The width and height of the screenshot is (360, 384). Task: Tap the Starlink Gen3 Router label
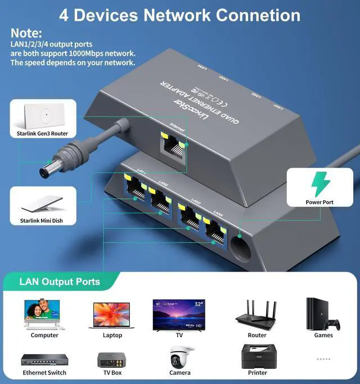pyautogui.click(x=39, y=134)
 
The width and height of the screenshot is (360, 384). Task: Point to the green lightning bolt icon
pyautogui.click(x=318, y=183)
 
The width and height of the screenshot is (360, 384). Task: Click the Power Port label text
pyautogui.click(x=319, y=202)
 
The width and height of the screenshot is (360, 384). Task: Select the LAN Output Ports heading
pyautogui.click(x=60, y=282)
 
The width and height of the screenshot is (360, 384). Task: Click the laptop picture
pyautogui.click(x=111, y=315)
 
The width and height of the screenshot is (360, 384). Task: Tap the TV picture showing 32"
pyautogui.click(x=179, y=314)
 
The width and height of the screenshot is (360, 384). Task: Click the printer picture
pyautogui.click(x=258, y=356)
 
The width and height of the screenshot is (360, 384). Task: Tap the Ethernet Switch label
pyautogui.click(x=44, y=373)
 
